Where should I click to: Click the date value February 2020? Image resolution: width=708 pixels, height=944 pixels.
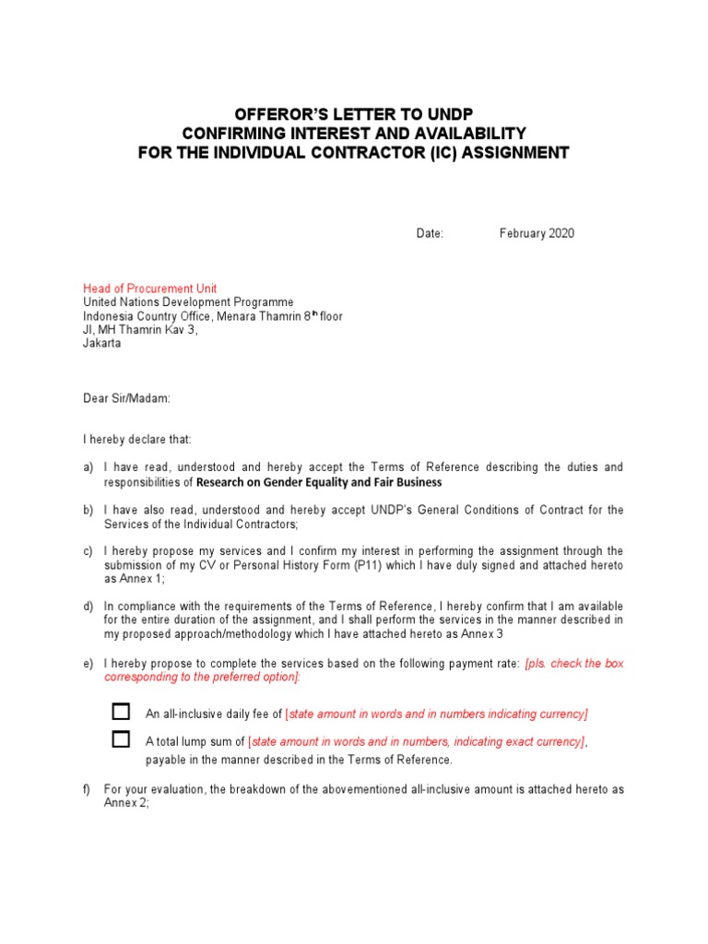coord(537,233)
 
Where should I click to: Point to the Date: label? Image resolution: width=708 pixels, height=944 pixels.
coord(430,233)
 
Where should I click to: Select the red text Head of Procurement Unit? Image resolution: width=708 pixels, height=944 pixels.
coord(150,289)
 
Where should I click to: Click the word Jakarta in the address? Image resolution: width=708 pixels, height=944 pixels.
coord(101,343)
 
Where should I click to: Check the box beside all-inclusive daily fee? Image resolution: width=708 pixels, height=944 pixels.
coord(121,712)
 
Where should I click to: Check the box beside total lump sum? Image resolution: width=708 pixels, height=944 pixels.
coord(121,739)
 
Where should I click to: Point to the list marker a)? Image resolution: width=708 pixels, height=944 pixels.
coord(88,467)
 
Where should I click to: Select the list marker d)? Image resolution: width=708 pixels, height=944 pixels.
coord(88,607)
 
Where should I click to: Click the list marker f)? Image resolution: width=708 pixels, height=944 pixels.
coord(88,789)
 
